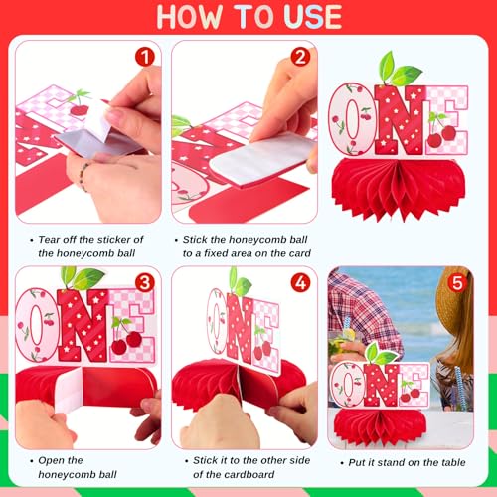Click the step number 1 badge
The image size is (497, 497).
(145, 57)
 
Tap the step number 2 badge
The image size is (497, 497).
(300, 57)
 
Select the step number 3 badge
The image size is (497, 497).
(145, 283)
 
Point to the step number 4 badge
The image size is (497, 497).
(300, 283)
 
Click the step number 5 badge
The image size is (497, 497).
(457, 283)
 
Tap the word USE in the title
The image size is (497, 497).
(313, 17)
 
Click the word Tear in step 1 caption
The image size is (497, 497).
(50, 239)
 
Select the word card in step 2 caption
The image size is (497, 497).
(300, 253)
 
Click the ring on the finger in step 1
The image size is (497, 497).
(83, 177)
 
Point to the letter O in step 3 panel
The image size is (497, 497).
(36, 325)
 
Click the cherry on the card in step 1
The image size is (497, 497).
(80, 109)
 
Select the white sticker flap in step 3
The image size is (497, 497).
(69, 389)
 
